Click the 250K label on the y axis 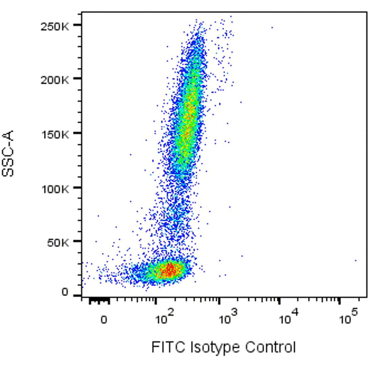(x=55, y=26)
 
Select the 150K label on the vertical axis (x=55, y=134)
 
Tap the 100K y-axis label (x=55, y=188)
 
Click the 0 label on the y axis (x=65, y=292)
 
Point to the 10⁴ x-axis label (x=286, y=319)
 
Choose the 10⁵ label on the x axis (x=347, y=319)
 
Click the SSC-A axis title (x=8, y=154)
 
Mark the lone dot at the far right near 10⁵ (x=355, y=261)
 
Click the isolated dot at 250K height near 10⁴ (x=272, y=28)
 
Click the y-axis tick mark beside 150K (x=76, y=133)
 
